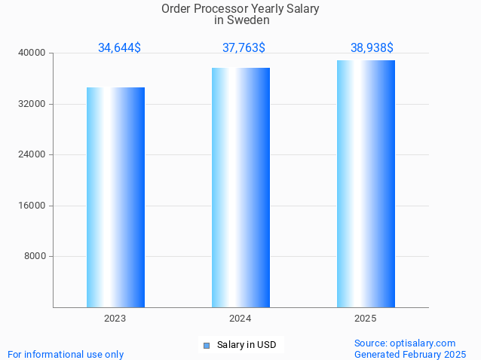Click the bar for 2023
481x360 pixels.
pos(115,197)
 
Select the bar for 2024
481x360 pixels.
pos(240,188)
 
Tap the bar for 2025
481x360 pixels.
pos(366,184)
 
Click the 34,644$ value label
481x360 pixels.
pos(119,48)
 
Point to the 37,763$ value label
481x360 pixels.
pos(244,48)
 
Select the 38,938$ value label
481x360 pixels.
pos(372,48)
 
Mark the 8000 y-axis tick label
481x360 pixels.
pos(35,256)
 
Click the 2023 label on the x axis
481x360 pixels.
pos(115,319)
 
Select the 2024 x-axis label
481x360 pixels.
pos(240,319)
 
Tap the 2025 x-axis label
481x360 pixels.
pos(366,319)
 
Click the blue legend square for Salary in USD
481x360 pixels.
pos(206,346)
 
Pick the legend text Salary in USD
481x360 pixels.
pos(247,346)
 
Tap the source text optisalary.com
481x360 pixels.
pos(423,343)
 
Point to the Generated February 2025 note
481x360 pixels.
pos(410,354)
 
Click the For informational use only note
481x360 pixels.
pos(66,354)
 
